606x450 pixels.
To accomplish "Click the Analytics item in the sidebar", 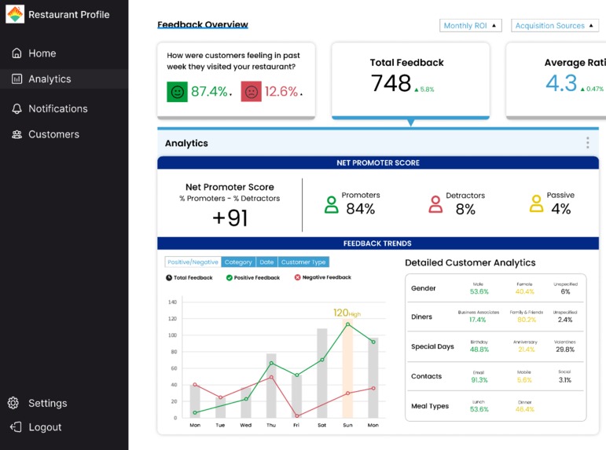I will (49, 79).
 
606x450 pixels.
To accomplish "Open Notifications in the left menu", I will (57, 108).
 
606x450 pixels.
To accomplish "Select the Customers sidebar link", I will (53, 134).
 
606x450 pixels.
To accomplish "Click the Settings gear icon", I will (13, 403).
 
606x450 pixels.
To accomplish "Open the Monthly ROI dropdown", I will (470, 26).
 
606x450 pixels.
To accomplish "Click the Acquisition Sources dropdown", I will (554, 26).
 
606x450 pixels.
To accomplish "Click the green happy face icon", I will (178, 92).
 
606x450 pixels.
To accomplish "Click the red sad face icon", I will (251, 92).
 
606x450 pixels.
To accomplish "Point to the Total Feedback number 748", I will (391, 83).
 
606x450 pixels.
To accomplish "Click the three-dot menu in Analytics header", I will (587, 143).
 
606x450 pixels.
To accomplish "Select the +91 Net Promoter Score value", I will (230, 218).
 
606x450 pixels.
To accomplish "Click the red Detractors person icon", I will (435, 205).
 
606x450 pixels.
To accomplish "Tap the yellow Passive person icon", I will (536, 204).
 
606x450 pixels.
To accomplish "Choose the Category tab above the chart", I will (238, 262).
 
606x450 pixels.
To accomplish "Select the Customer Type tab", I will (303, 262).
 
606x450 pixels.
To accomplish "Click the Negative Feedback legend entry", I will (323, 278).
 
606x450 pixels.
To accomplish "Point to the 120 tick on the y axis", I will (172, 319).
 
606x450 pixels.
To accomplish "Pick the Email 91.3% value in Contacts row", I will (479, 380).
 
